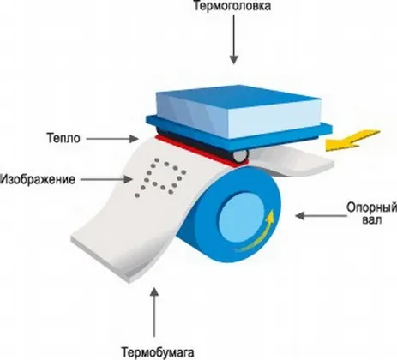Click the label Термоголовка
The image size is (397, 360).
pyautogui.click(x=232, y=6)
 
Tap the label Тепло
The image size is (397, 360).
pyautogui.click(x=63, y=138)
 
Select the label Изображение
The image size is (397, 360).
pyautogui.click(x=38, y=179)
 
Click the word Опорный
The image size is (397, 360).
pyautogui.click(x=371, y=207)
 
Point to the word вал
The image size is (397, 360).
pyautogui.click(x=372, y=220)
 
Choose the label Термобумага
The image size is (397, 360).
pyautogui.click(x=158, y=352)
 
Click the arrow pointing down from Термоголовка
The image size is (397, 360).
pyautogui.click(x=234, y=39)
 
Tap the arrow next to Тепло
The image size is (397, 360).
pyautogui.click(x=112, y=139)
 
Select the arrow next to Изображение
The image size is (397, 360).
pyautogui.click(x=106, y=179)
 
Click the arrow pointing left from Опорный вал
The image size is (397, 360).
pyautogui.click(x=321, y=216)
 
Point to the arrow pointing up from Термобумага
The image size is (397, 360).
pyautogui.click(x=154, y=312)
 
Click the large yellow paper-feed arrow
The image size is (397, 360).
pyautogui.click(x=353, y=141)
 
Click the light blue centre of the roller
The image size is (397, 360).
pyautogui.click(x=242, y=216)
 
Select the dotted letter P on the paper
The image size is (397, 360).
pyautogui.click(x=160, y=177)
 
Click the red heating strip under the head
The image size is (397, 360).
pyautogui.click(x=200, y=152)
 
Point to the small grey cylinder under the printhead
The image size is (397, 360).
pyautogui.click(x=241, y=155)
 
